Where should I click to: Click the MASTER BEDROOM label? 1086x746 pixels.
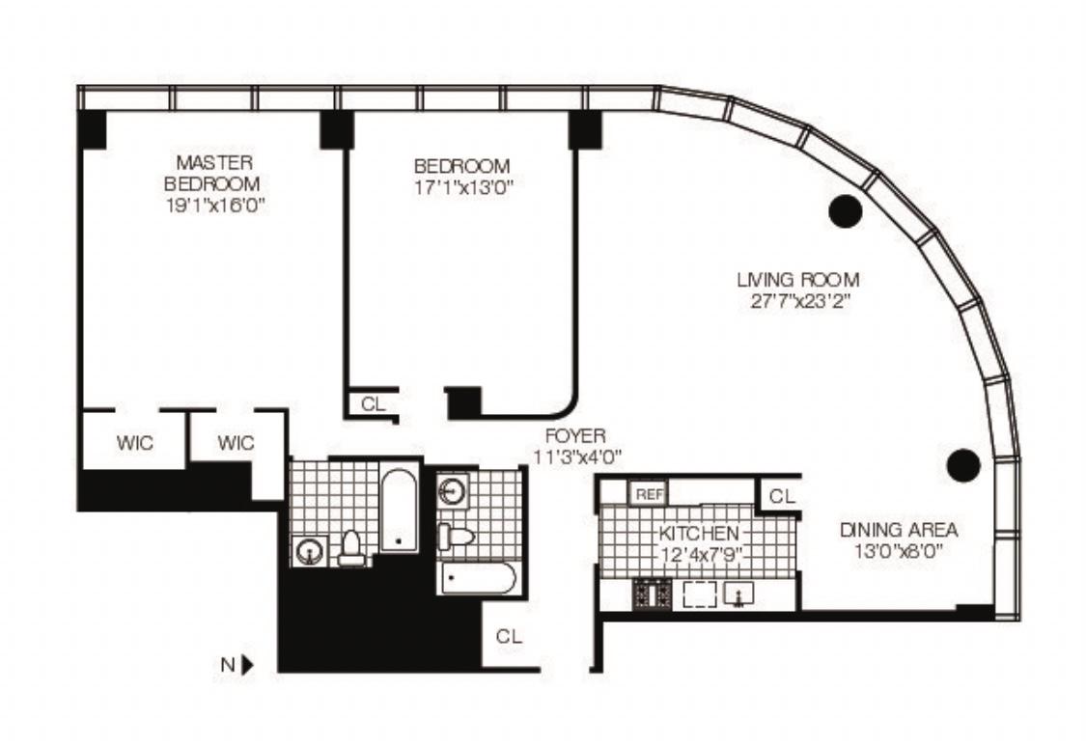click(213, 173)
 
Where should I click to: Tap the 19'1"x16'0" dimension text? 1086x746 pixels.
click(215, 206)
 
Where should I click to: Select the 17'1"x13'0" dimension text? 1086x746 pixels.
click(462, 188)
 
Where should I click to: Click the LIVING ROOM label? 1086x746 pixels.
click(798, 280)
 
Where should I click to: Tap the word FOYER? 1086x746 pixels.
click(575, 435)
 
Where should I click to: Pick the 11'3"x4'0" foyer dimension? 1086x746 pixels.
click(577, 457)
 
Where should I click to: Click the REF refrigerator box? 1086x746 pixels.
click(649, 494)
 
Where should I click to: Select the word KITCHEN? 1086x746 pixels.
click(699, 534)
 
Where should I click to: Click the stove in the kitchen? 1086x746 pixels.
click(653, 594)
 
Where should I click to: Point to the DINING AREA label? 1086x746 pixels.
click(899, 530)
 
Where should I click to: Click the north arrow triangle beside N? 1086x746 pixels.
click(247, 665)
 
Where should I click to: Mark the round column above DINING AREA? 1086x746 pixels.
click(963, 465)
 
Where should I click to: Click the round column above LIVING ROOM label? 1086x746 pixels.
click(846, 210)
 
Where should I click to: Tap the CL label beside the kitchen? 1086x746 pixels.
click(782, 496)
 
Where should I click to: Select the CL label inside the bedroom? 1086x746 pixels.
click(374, 403)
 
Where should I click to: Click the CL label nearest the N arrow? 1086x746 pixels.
click(509, 637)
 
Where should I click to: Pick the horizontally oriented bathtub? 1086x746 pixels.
click(478, 578)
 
